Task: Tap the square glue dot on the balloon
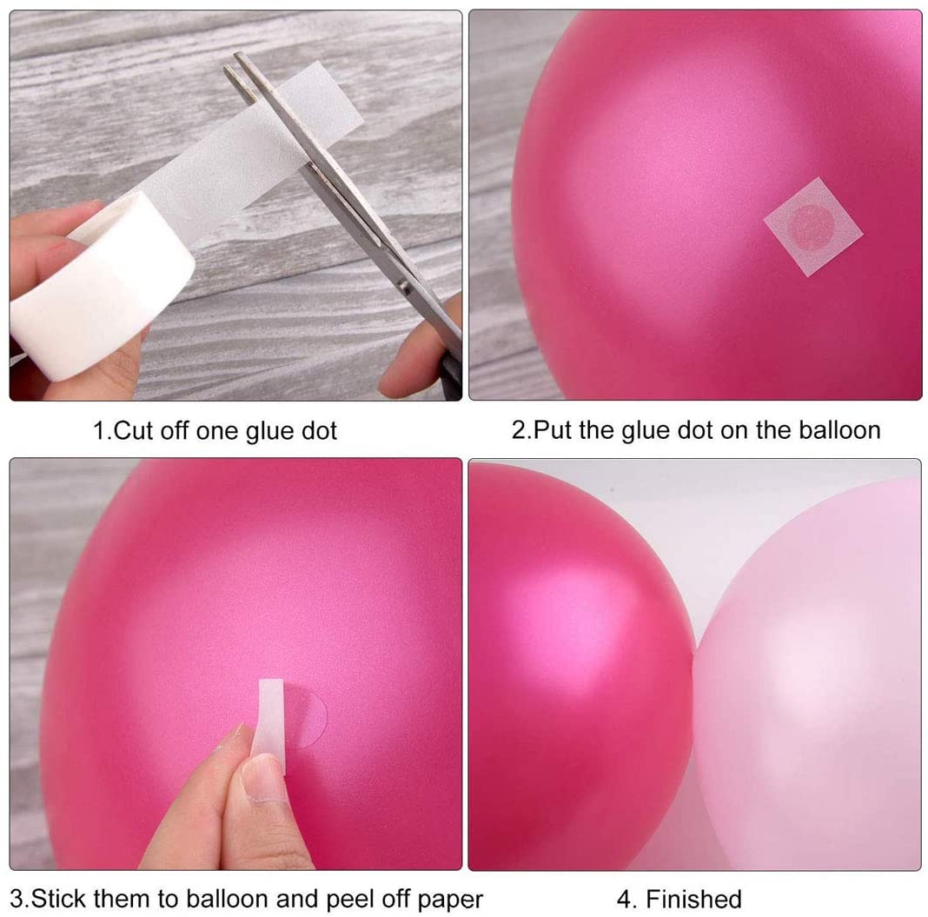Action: [x=812, y=227]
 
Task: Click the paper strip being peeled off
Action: [x=270, y=722]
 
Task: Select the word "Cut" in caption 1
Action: [x=133, y=430]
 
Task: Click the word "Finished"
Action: [x=693, y=899]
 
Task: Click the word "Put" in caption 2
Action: [x=553, y=429]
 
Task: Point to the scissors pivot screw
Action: [x=404, y=289]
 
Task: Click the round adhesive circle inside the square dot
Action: [x=812, y=227]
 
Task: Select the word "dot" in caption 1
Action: [x=319, y=430]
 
